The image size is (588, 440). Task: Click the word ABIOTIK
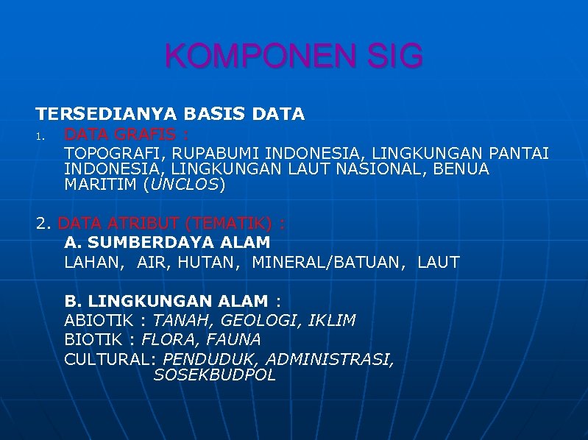coord(103,321)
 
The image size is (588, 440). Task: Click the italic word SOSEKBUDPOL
coord(214,375)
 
